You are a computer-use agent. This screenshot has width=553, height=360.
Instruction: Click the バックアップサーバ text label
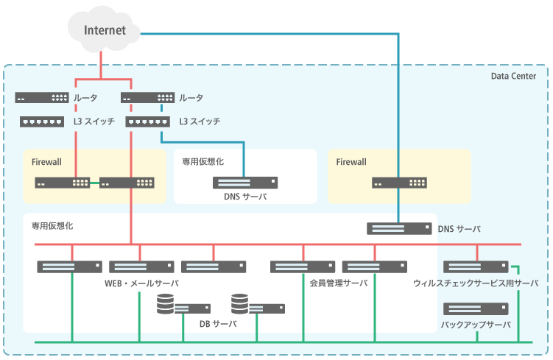tap(476, 324)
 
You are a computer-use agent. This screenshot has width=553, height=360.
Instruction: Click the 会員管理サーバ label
tap(338, 283)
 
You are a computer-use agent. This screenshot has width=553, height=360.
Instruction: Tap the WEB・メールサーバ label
tap(142, 283)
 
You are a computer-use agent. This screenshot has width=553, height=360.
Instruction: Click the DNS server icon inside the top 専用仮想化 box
tap(245, 183)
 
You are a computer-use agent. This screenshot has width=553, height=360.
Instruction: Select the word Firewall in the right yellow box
tap(351, 162)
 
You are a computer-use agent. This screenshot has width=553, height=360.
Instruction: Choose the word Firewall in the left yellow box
tap(47, 162)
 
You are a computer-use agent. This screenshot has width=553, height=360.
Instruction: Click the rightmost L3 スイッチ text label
tap(200, 121)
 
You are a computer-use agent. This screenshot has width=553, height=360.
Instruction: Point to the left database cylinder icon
tap(166, 304)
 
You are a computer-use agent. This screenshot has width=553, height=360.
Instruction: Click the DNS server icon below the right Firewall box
tap(399, 229)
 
